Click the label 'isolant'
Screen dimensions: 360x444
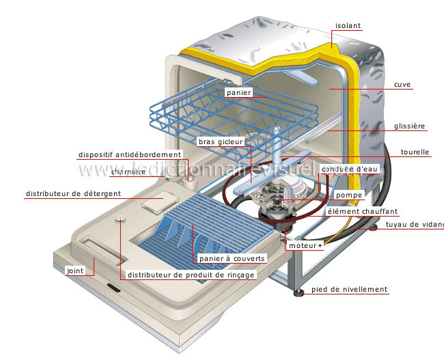348,26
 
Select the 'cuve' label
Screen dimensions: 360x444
402,85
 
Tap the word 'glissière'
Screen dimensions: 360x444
409,126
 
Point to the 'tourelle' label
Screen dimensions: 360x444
415,152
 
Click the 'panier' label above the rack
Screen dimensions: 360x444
239,92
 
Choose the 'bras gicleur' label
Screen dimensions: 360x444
220,142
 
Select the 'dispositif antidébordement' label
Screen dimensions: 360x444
130,155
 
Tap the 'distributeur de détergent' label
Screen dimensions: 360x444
73,194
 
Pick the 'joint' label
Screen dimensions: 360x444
75,271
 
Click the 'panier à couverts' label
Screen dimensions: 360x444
232,259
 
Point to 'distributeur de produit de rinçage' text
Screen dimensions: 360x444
191,275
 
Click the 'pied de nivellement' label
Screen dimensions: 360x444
349,290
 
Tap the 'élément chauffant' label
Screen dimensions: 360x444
363,212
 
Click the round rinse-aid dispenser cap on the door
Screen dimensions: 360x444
120,219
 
